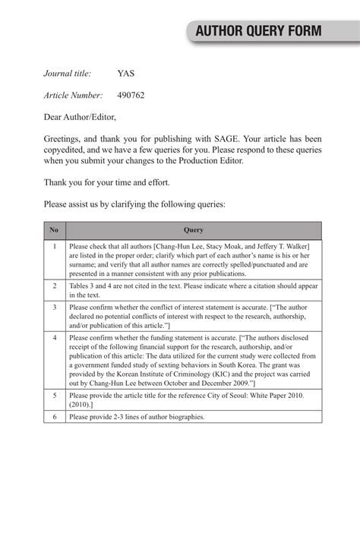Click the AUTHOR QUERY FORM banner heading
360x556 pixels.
tap(258, 31)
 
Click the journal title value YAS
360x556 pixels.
tap(126, 74)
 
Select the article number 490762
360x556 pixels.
tap(131, 96)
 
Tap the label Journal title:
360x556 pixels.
tap(68, 74)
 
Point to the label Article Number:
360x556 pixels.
tap(73, 96)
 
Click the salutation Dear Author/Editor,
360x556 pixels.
tap(80, 118)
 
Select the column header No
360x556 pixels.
tap(54, 230)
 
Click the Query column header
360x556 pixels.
tap(194, 230)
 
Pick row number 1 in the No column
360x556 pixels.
tap(54, 246)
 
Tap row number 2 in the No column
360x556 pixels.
tap(54, 286)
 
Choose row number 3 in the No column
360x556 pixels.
tap(54, 307)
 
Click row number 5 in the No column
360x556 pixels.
tap(54, 396)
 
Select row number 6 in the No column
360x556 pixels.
tap(54, 417)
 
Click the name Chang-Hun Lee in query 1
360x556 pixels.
tap(178, 246)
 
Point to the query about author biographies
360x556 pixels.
tap(137, 417)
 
